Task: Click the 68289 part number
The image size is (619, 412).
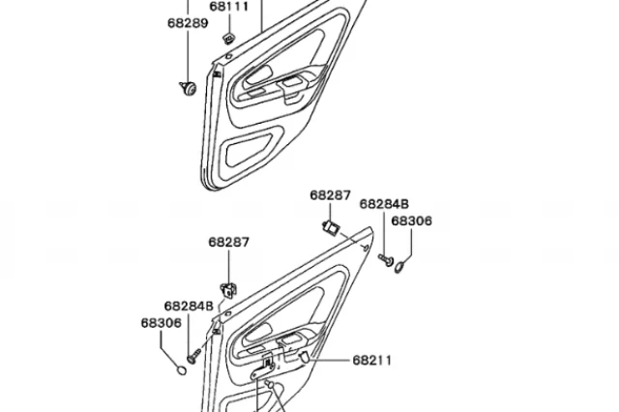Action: (188, 23)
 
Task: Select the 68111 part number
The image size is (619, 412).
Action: (229, 7)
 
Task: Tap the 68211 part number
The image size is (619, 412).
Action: (371, 361)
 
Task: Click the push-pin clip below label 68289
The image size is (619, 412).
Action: (188, 88)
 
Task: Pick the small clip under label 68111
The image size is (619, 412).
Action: (229, 39)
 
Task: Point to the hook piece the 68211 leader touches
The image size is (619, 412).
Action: (304, 357)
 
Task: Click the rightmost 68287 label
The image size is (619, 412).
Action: (330, 195)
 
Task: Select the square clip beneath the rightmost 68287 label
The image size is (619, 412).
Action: (331, 227)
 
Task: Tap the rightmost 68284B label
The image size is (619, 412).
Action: (384, 204)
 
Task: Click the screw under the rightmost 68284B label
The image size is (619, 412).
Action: (386, 259)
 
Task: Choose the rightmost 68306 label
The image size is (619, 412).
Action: (412, 221)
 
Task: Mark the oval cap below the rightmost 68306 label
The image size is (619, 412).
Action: (400, 267)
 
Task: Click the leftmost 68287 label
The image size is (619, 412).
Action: (229, 243)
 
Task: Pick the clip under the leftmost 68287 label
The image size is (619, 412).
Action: (229, 290)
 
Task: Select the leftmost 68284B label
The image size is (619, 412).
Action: (189, 307)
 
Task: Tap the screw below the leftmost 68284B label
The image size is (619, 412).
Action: (193, 356)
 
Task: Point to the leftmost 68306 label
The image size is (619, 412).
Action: (162, 323)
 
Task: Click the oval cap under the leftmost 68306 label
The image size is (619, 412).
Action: (181, 370)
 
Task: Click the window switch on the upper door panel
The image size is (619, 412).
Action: (293, 82)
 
